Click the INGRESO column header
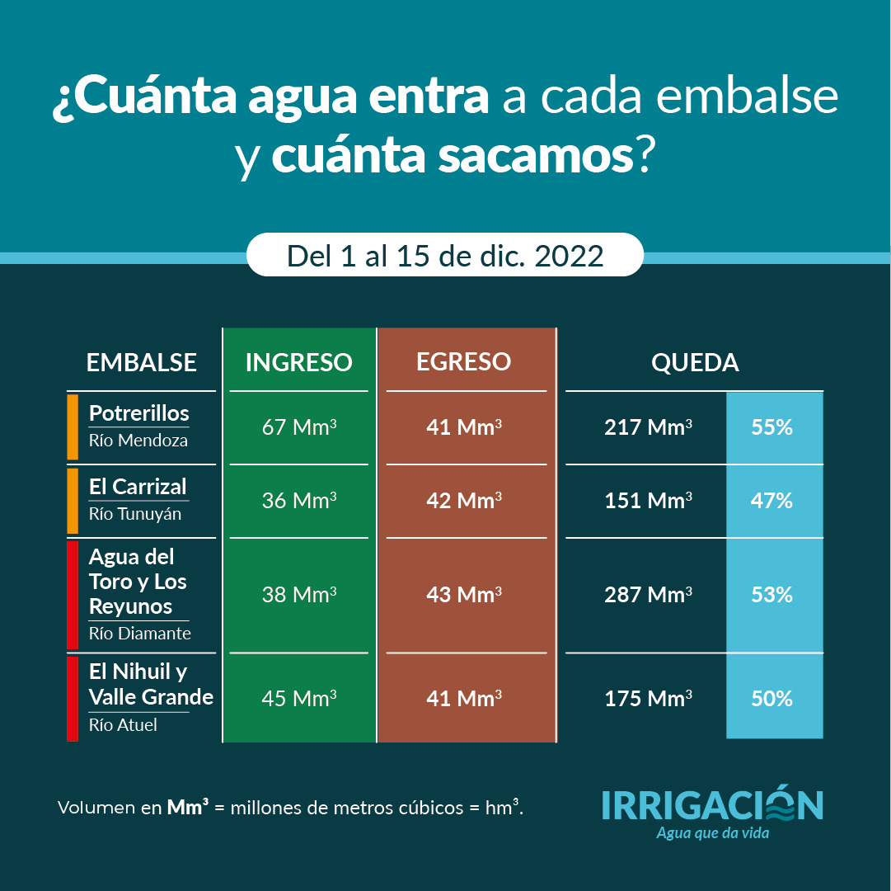point(298,362)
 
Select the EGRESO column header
point(463,362)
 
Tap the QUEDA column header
point(694,363)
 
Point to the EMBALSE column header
point(142,363)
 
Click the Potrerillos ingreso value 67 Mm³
point(298,428)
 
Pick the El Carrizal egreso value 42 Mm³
point(464,501)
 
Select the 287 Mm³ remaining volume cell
point(647,594)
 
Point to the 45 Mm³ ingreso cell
point(298,699)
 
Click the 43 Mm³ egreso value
point(464,594)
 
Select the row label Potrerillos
point(138,413)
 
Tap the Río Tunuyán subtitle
point(135,514)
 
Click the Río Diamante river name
point(140,634)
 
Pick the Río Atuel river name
point(123,725)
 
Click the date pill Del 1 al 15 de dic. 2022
point(445,255)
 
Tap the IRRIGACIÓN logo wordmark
point(712,806)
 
